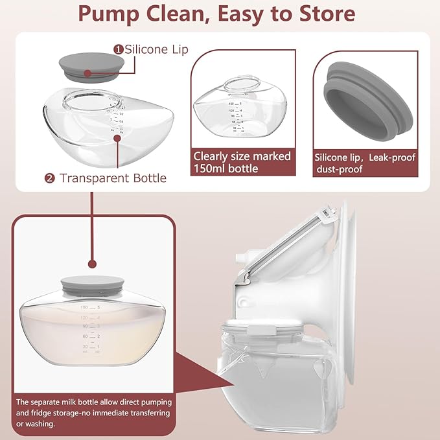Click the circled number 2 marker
pos(50,178)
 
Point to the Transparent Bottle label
pos(113,178)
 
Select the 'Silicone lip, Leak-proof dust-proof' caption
pos(364,163)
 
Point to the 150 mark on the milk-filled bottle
pos(84,307)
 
